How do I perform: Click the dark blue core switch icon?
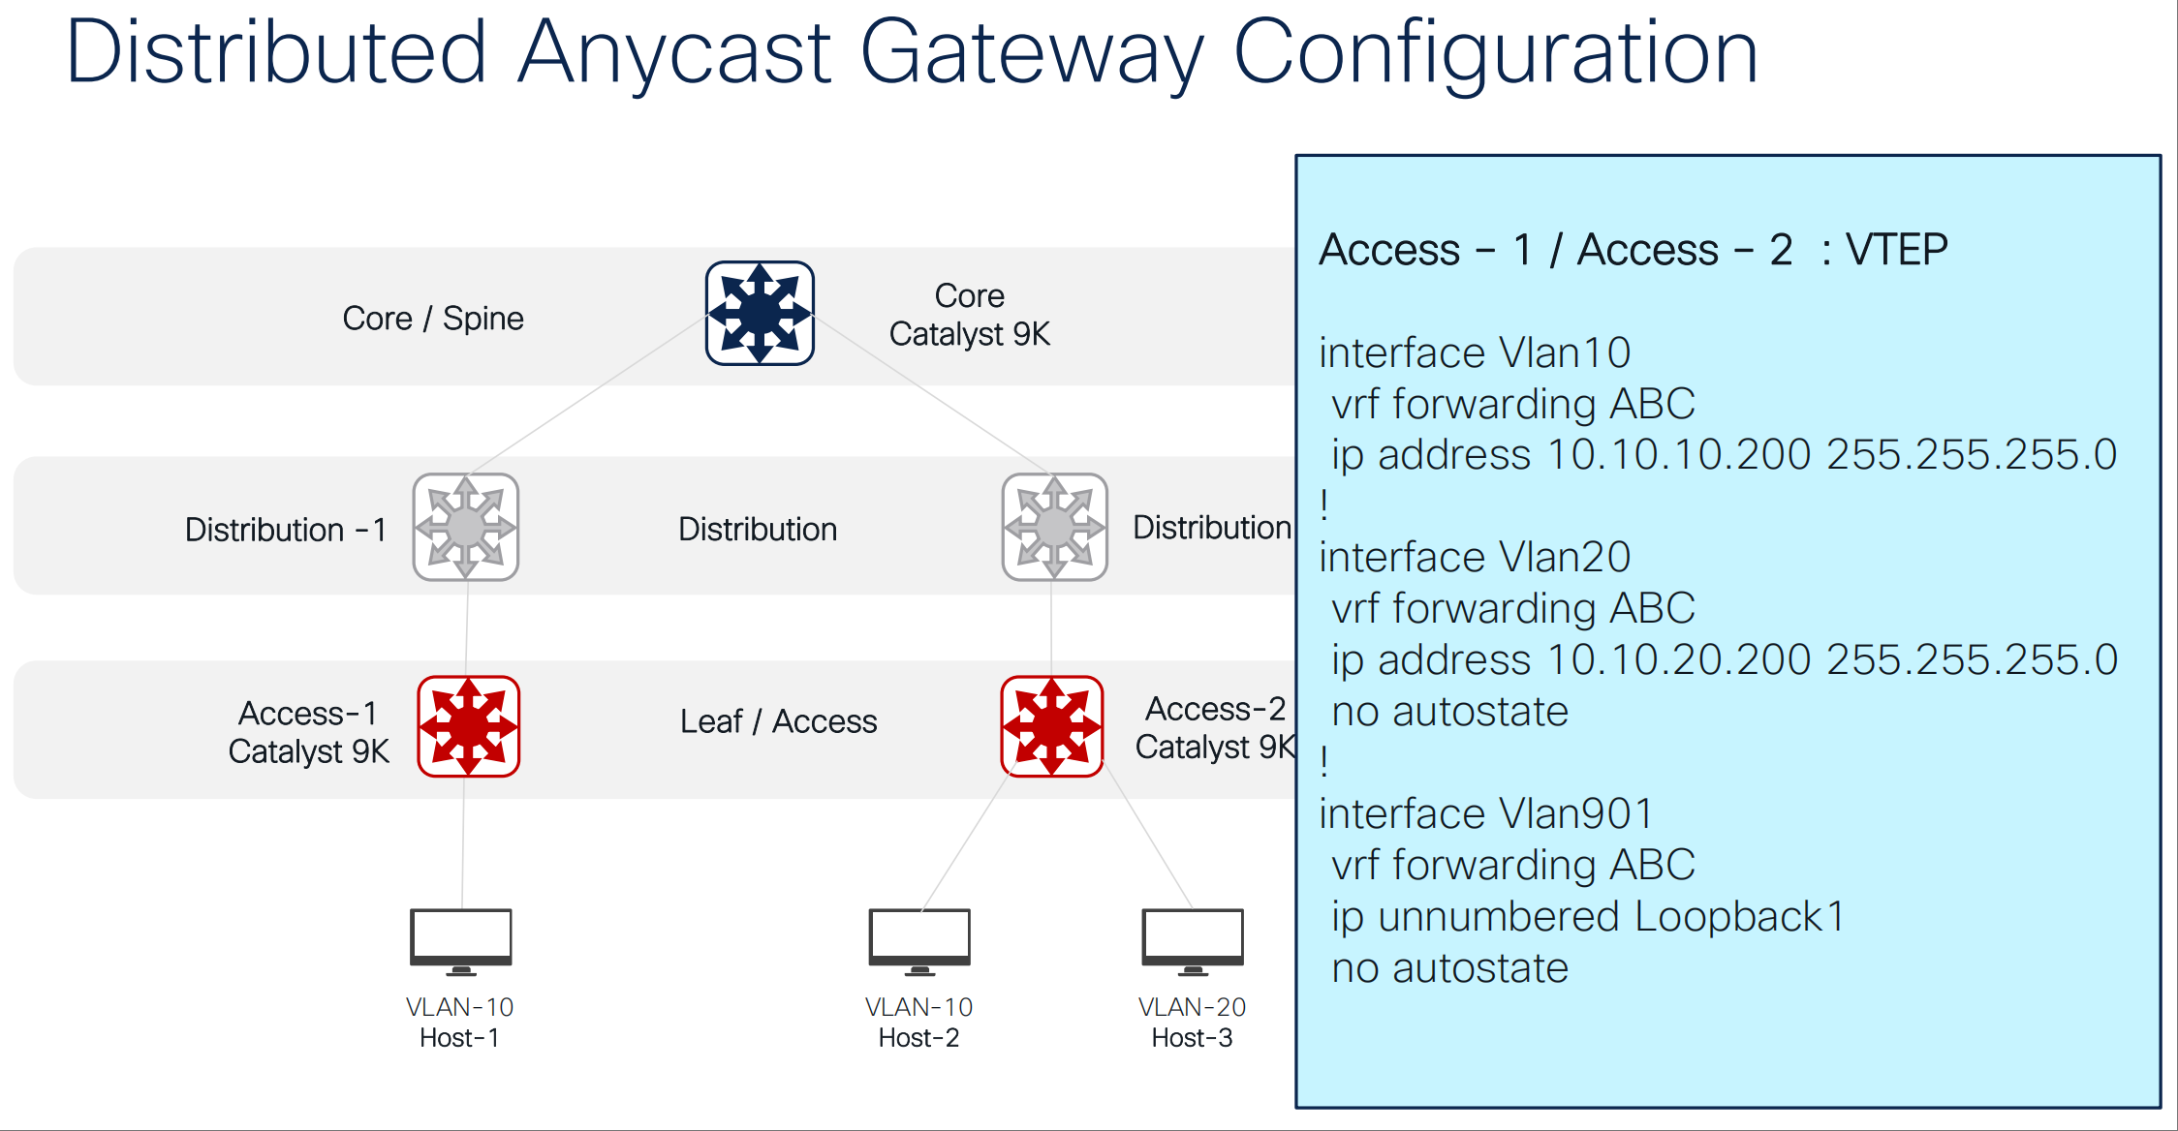pyautogui.click(x=760, y=313)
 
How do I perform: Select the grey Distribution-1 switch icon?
pyautogui.click(x=466, y=527)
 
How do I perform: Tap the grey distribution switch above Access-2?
pyautogui.click(x=1055, y=527)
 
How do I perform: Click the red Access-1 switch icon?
pyautogui.click(x=469, y=726)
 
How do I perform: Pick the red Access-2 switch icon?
pyautogui.click(x=1052, y=726)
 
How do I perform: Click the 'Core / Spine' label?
pyautogui.click(x=433, y=319)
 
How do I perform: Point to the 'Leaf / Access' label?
pyautogui.click(x=779, y=721)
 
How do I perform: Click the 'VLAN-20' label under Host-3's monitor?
pyautogui.click(x=1192, y=1007)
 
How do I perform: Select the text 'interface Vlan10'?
pyautogui.click(x=1475, y=352)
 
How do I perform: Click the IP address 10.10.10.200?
pyautogui.click(x=1679, y=454)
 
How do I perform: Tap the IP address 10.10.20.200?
pyautogui.click(x=1679, y=659)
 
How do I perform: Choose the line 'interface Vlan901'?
pyautogui.click(x=1485, y=813)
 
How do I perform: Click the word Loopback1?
pyautogui.click(x=1740, y=916)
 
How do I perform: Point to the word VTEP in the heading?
pyautogui.click(x=1896, y=250)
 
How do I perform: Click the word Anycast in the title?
pyautogui.click(x=674, y=52)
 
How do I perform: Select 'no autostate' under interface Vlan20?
pyautogui.click(x=1449, y=712)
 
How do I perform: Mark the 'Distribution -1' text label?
pyautogui.click(x=286, y=530)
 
